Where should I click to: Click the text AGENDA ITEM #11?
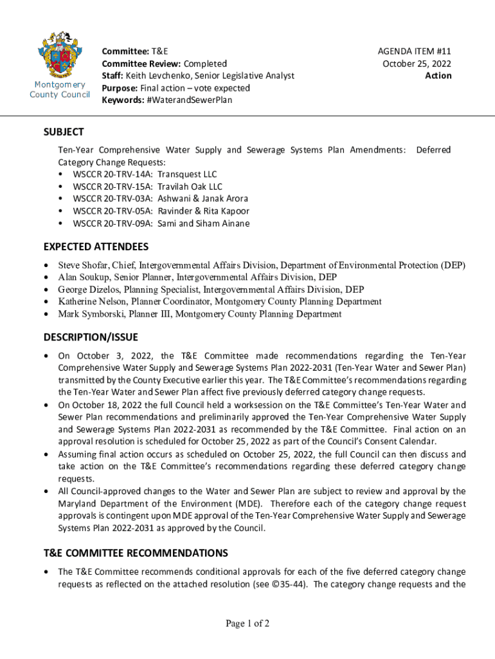pos(415,51)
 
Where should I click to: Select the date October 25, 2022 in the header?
pos(417,63)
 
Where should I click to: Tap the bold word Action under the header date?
pos(438,75)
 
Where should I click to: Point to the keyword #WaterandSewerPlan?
pos(191,100)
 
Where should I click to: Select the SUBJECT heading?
pos(64,132)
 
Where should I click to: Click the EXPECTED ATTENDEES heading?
pos(96,246)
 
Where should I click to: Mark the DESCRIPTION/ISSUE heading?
pos(91,337)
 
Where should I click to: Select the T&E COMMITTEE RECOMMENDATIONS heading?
pos(136,553)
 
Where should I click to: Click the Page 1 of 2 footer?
pos(248,623)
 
